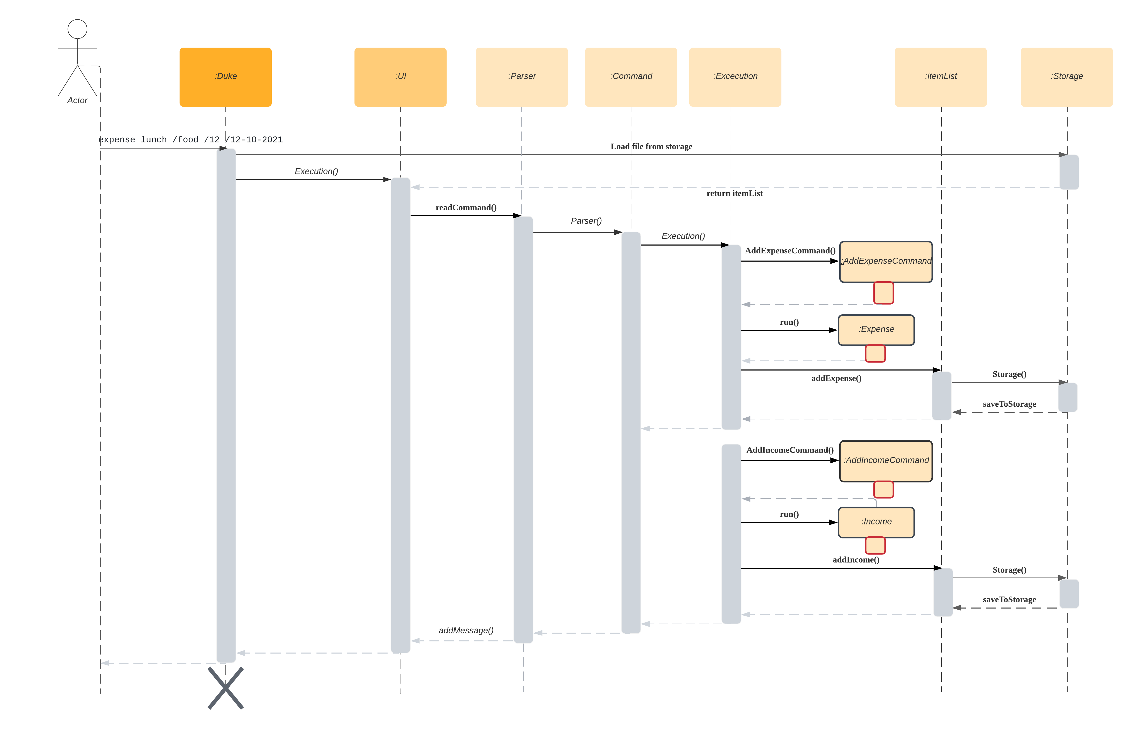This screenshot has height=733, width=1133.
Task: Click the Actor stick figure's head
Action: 78,29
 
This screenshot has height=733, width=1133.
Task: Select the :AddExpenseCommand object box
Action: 886,261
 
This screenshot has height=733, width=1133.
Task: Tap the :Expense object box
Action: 876,329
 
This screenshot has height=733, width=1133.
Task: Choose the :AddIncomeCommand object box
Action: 886,460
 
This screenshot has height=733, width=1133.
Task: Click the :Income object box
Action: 876,522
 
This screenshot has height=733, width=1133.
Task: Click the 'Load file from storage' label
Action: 651,147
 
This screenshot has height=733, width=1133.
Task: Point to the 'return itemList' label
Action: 734,193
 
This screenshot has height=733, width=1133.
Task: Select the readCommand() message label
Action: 466,208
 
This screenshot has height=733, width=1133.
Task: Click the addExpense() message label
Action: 836,378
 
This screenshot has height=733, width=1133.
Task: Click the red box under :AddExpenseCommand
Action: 883,293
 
